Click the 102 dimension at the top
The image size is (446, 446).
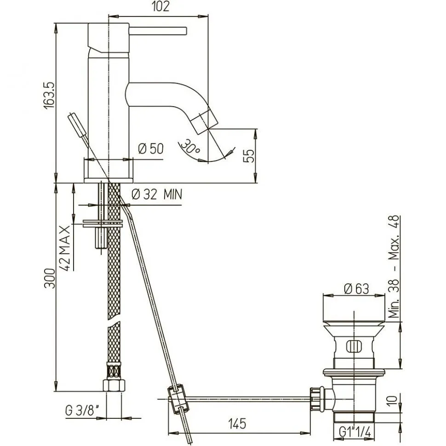coord(161,6)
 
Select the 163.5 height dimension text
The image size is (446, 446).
coord(49,95)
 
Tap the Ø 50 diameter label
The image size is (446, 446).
coord(151,149)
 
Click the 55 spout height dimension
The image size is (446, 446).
coord(249,156)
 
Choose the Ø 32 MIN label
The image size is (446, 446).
coord(157,194)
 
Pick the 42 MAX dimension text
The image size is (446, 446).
coord(65,248)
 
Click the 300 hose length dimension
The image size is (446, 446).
coord(50,278)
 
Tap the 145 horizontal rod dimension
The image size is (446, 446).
coord(237,424)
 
